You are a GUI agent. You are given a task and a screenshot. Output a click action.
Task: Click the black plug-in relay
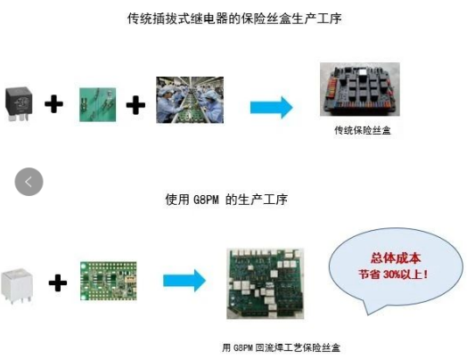pyautogui.click(x=19, y=104)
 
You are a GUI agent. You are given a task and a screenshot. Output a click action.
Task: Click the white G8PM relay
pyautogui.click(x=17, y=285)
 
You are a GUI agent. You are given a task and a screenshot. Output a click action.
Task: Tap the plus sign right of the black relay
pyautogui.click(x=54, y=104)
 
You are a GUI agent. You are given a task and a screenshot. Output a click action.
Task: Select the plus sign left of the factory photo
pyautogui.click(x=135, y=105)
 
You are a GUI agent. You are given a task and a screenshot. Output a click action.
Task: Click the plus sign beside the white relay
pyautogui.click(x=58, y=283)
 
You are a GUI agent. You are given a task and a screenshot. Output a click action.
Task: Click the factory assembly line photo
pyautogui.click(x=190, y=100)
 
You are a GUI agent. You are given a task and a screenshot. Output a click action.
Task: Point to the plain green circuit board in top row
pyautogui.click(x=97, y=105)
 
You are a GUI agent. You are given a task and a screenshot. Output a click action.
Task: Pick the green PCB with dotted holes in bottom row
pyautogui.click(x=109, y=281)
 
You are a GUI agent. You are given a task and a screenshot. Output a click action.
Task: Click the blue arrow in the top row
pyautogui.click(x=272, y=108)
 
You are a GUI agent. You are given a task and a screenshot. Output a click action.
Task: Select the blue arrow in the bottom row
pyautogui.click(x=184, y=281)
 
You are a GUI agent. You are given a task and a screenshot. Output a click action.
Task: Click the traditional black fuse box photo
pyautogui.click(x=360, y=89)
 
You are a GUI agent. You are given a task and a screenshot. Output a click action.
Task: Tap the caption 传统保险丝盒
pyautogui.click(x=363, y=130)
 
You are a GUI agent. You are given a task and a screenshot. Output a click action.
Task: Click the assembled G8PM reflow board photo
pyautogui.click(x=266, y=283)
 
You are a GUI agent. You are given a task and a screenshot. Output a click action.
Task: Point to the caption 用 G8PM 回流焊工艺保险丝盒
pyautogui.click(x=281, y=348)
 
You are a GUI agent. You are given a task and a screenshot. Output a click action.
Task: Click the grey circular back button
pyautogui.click(x=29, y=182)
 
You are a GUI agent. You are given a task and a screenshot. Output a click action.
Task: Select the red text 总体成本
pyautogui.click(x=396, y=258)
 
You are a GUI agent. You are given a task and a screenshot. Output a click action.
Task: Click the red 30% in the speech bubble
pyautogui.click(x=392, y=274)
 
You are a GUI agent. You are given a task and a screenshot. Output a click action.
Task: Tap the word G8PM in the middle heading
pyautogui.click(x=206, y=200)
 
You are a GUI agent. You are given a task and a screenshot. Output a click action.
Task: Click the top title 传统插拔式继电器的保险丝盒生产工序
pyautogui.click(x=234, y=19)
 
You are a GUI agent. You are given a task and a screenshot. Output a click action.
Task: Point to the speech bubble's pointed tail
pyautogui.click(x=368, y=315)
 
